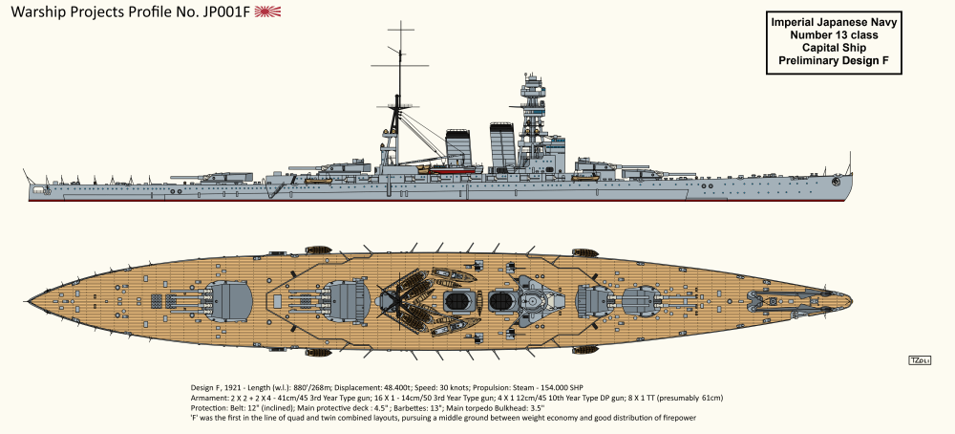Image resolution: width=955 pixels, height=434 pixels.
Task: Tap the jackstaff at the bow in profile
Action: pyautogui.click(x=849, y=164)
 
